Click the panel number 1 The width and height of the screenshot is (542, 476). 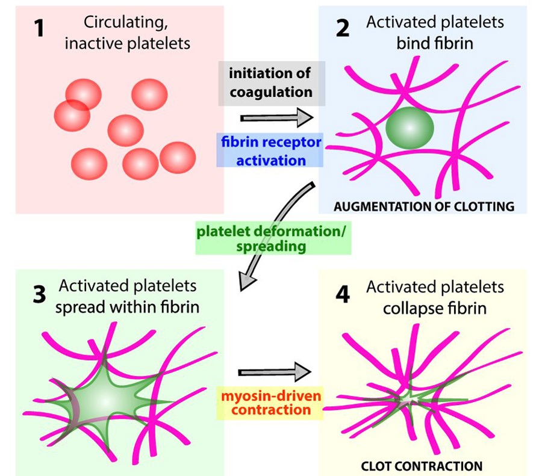pyautogui.click(x=39, y=28)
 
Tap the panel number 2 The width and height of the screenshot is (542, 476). pyautogui.click(x=342, y=28)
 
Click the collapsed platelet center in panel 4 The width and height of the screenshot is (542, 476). pyautogui.click(x=411, y=399)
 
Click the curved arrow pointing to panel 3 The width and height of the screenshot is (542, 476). pyautogui.click(x=284, y=229)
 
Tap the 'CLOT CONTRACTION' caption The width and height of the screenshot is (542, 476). pyautogui.click(x=421, y=465)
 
